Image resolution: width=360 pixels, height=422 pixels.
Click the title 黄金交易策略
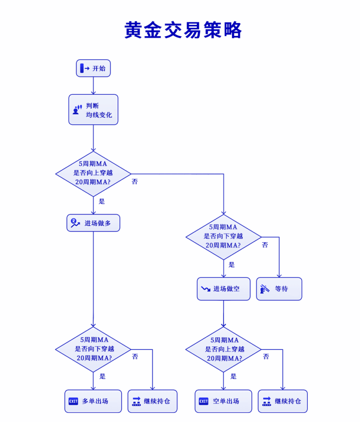click(183, 30)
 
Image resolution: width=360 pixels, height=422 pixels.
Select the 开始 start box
click(94, 68)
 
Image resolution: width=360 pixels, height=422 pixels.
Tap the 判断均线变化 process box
click(94, 110)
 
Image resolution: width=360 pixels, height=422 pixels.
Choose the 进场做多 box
click(94, 223)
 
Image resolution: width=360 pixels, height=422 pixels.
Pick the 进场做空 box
click(223, 289)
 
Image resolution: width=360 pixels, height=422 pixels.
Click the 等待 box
click(279, 289)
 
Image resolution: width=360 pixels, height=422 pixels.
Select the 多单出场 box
click(93, 401)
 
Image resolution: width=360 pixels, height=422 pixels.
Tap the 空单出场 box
click(223, 401)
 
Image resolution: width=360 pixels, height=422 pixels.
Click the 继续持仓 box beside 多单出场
click(152, 401)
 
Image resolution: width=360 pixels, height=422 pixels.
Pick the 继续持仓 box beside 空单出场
click(283, 401)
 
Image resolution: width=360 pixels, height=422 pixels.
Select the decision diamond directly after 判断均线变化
click(93, 173)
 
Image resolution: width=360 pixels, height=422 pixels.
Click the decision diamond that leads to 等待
click(223, 237)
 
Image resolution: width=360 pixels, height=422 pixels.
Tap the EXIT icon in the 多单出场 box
click(73, 401)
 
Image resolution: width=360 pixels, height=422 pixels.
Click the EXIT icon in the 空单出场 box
click(203, 401)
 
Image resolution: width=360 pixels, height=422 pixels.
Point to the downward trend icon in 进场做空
click(205, 289)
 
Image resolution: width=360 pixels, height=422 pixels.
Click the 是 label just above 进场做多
click(102, 202)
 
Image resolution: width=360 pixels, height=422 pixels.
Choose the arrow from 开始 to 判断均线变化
click(94, 85)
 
